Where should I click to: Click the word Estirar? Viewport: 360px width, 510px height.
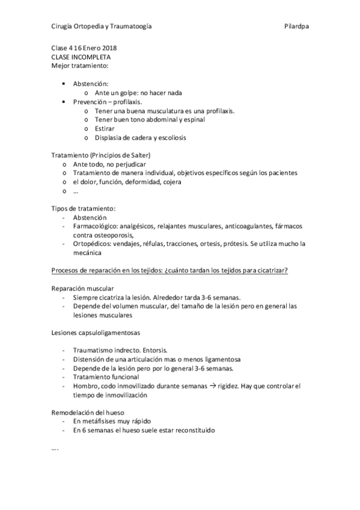point(104,128)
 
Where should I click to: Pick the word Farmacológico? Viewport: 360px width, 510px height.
point(97,226)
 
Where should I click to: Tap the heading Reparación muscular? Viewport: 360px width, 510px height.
point(82,288)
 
